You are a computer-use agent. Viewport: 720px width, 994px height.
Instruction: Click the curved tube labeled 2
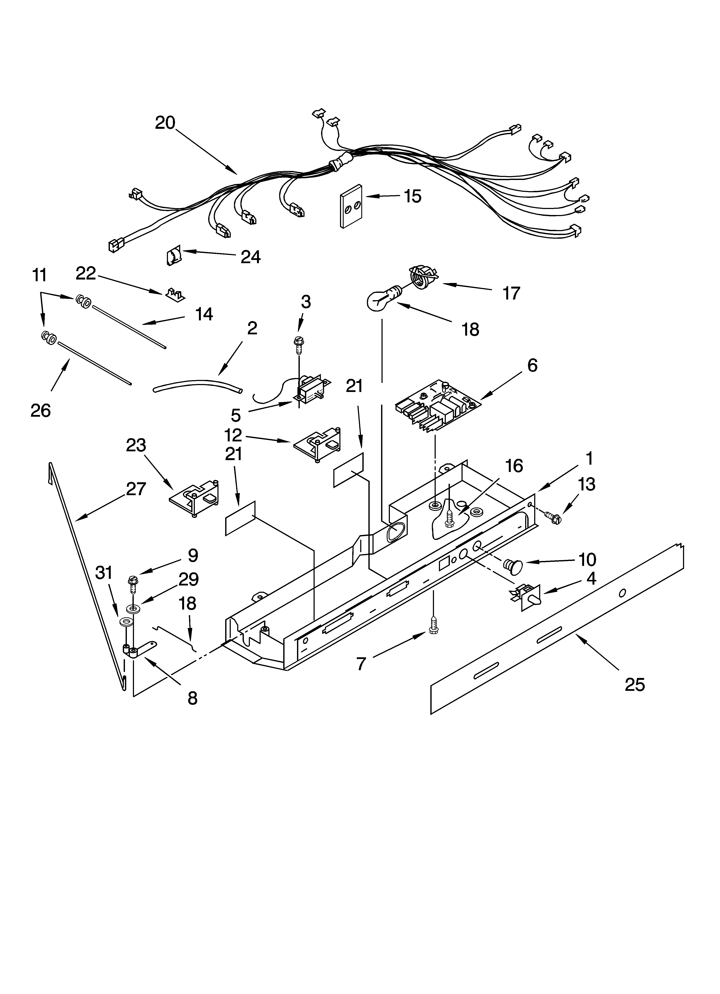[x=197, y=386]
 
